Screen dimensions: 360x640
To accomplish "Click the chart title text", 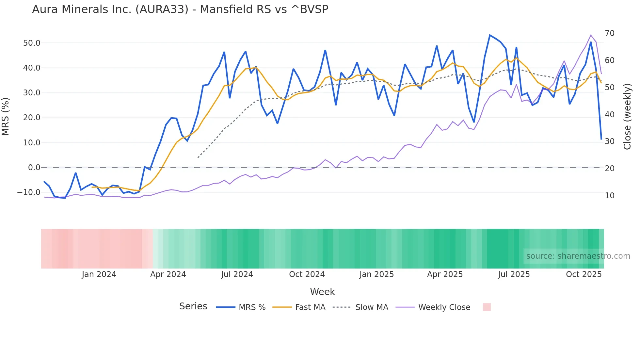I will click(180, 9).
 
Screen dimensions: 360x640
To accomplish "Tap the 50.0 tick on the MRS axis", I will click(31, 43).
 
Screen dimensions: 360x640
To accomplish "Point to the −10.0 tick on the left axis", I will click(29, 192).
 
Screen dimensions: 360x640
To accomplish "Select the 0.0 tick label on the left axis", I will click(34, 168).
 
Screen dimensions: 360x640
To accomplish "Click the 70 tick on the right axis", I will click(610, 33).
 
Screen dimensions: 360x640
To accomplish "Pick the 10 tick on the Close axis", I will click(610, 196).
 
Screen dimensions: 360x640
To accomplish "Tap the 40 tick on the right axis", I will click(610, 115).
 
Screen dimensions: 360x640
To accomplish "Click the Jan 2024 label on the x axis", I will click(99, 274).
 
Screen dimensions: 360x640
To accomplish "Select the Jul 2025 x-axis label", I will click(514, 274).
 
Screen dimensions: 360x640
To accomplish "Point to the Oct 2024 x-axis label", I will click(307, 274).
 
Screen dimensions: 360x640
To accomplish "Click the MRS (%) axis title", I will click(6, 116).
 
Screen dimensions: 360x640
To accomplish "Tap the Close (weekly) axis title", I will click(627, 116).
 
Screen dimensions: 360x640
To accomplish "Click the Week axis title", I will click(322, 292).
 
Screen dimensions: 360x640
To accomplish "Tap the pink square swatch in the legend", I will click(487, 307).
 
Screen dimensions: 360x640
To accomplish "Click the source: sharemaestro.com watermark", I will click(578, 256).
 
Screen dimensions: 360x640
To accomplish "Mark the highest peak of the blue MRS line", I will click(490, 35).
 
